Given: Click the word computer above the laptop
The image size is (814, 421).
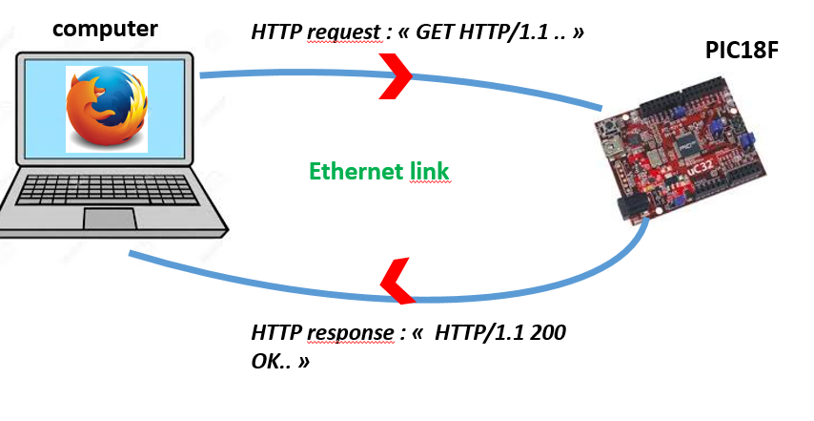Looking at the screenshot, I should [105, 28].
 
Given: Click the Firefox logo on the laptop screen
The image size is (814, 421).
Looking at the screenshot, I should [108, 108].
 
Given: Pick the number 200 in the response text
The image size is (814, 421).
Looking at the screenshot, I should [551, 334].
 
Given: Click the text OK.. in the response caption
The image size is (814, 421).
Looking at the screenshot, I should [271, 363].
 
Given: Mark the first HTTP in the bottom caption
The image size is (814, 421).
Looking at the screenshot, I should [276, 334].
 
